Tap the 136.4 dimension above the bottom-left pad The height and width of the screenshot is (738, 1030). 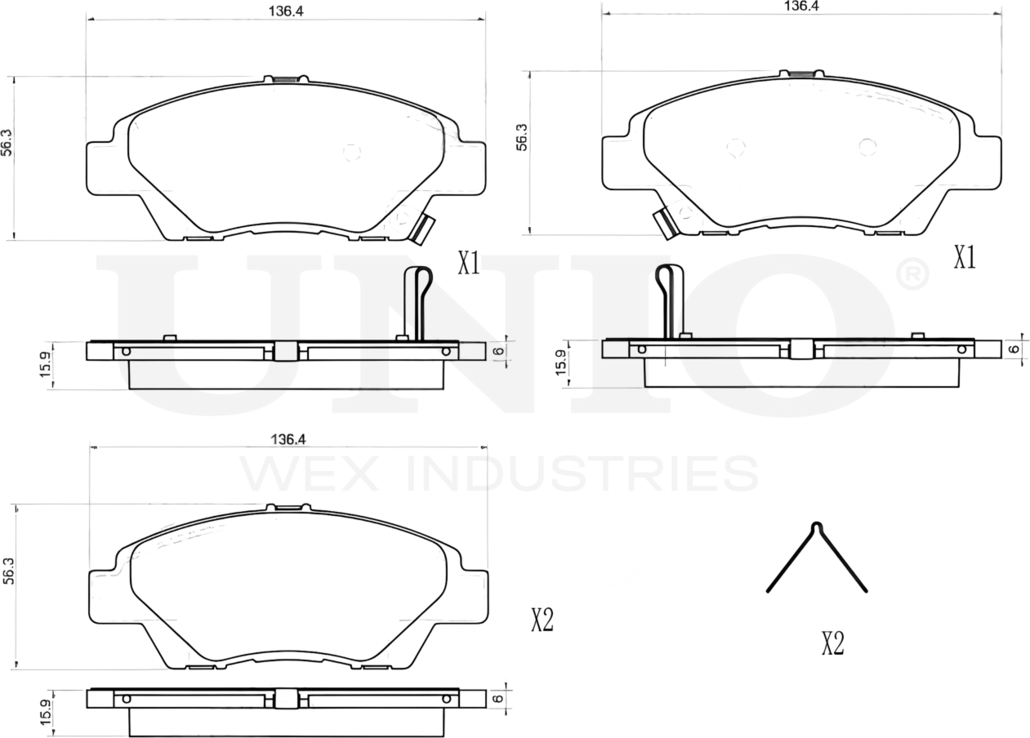tap(288, 439)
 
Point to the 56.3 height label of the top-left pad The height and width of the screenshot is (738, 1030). tap(7, 142)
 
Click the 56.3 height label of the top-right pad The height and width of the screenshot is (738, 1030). tap(522, 138)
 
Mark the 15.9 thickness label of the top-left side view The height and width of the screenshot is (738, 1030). tap(48, 365)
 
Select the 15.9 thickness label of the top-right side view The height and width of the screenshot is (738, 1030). tap(561, 363)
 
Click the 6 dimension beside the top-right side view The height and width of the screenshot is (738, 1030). tap(1014, 349)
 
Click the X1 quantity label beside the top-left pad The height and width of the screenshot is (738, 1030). tap(468, 263)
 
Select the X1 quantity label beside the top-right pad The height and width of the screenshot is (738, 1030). tap(965, 258)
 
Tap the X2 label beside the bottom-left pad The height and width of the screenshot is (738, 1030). tap(542, 620)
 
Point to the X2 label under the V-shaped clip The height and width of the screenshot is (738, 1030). tap(832, 644)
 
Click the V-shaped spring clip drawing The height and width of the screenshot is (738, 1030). tap(816, 559)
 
